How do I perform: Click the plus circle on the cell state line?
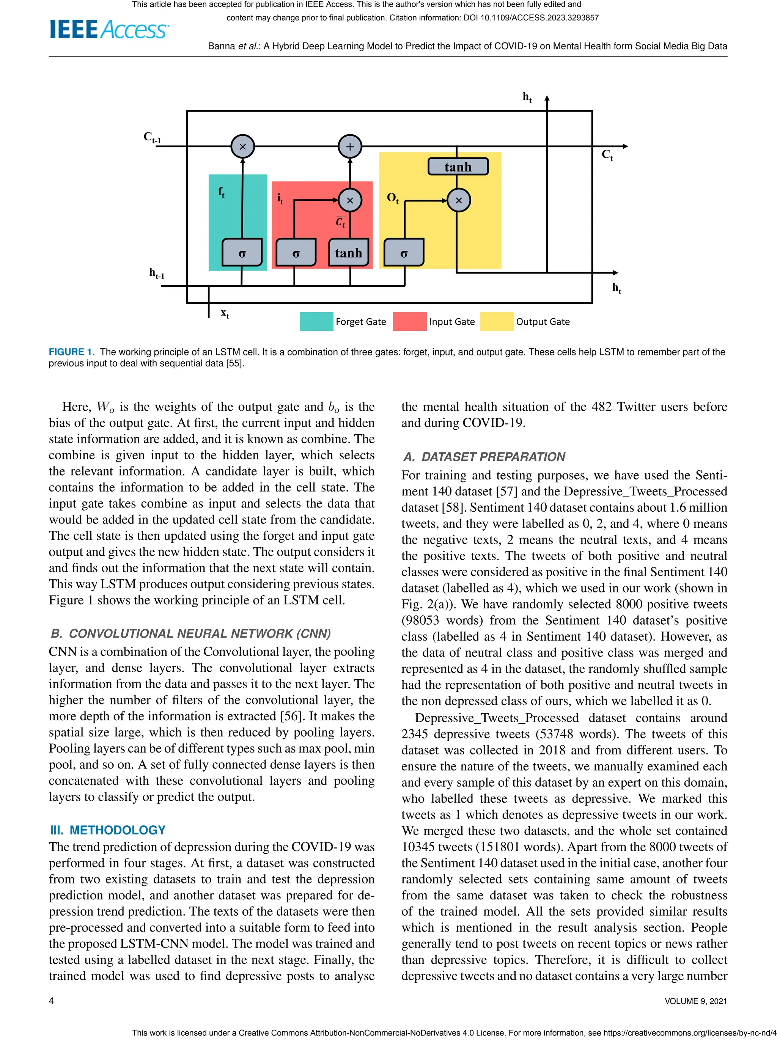point(350,146)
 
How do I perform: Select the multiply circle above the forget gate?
point(243,146)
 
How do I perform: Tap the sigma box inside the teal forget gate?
point(242,253)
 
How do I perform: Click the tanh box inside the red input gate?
point(349,253)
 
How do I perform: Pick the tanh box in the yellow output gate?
point(458,167)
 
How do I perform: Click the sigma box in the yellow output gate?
point(404,253)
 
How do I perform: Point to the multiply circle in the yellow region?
point(459,200)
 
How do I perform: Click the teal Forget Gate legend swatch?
point(316,321)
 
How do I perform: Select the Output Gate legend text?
point(543,322)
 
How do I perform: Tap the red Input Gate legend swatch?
point(409,321)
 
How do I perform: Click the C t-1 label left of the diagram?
point(152,137)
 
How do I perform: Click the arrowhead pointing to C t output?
point(624,146)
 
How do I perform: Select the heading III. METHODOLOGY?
point(108,830)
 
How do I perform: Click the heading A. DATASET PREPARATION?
point(484,457)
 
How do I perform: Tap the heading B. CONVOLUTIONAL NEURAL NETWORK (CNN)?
point(190,633)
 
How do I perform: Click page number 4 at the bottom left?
point(51,1001)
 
